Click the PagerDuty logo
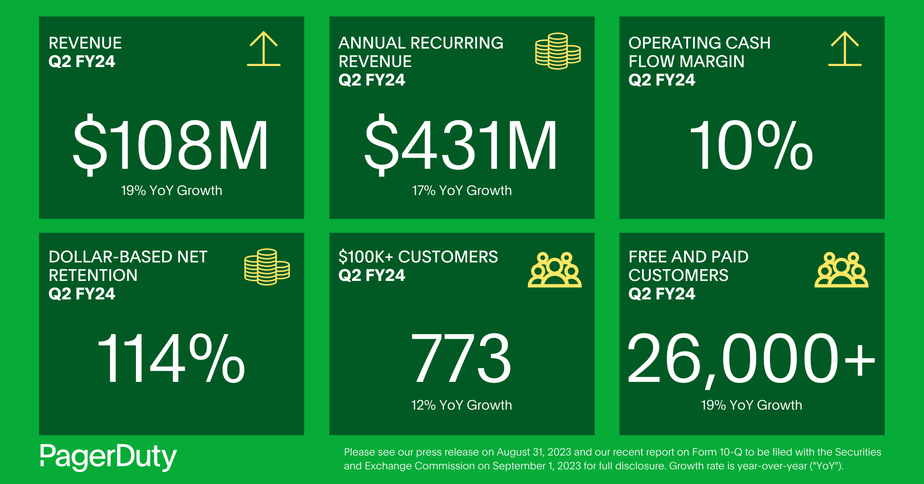108,457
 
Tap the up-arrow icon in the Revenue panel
264,49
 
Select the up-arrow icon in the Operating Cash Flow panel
845,49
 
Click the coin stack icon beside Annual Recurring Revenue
558,51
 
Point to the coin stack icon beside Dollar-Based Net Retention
267,267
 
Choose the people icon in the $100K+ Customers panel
554,270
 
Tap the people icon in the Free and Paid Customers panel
842,270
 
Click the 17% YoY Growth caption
462,190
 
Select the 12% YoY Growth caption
461,405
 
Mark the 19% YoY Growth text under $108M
171,190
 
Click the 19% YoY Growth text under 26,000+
751,405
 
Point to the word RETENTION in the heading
93,275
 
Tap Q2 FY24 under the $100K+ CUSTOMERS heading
372,275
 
